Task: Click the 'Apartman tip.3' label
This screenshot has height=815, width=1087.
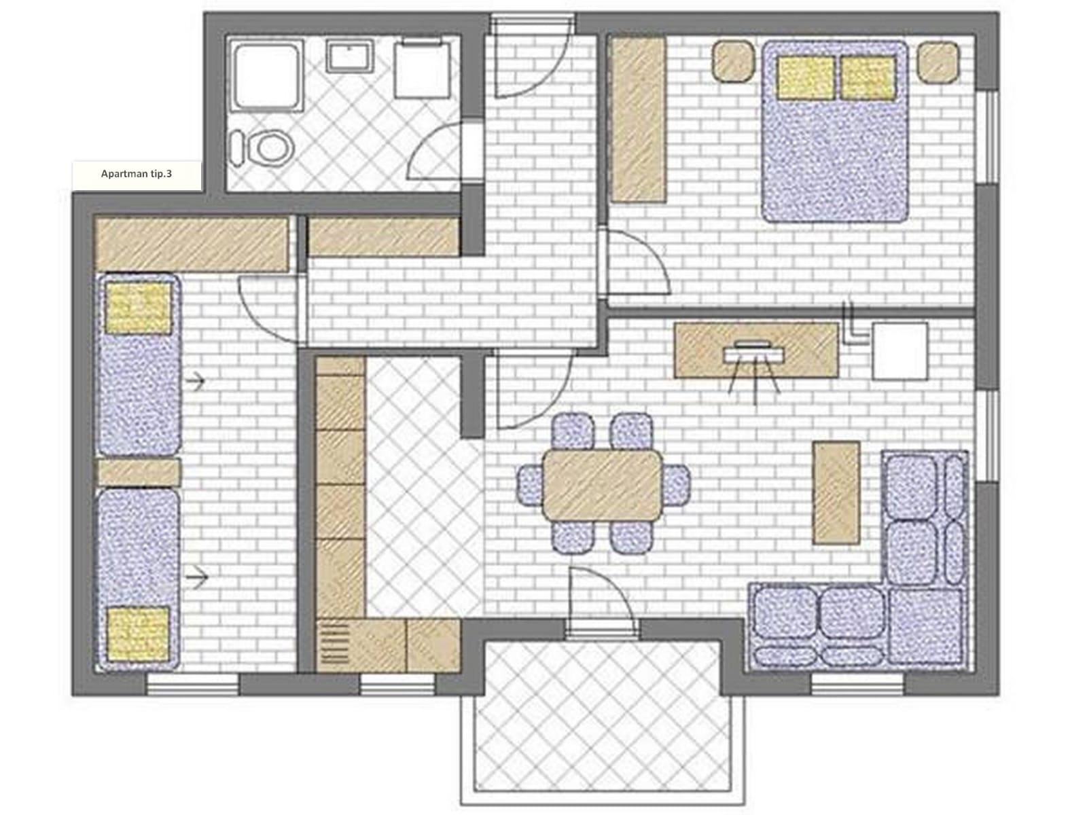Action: pyautogui.click(x=136, y=174)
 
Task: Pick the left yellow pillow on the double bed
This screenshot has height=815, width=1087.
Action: pyautogui.click(x=805, y=77)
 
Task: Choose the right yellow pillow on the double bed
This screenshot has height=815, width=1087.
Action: pyautogui.click(x=868, y=77)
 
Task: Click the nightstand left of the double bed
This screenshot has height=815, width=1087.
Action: pyautogui.click(x=733, y=61)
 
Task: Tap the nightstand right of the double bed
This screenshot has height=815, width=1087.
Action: pyautogui.click(x=938, y=61)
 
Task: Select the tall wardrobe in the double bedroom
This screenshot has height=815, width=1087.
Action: pyautogui.click(x=639, y=120)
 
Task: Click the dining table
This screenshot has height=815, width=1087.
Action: pyautogui.click(x=603, y=484)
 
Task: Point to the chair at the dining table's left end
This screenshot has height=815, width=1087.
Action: pyautogui.click(x=531, y=485)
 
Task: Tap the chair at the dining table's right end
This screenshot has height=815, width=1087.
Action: pyautogui.click(x=676, y=485)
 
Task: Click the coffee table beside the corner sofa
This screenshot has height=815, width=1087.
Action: pyautogui.click(x=836, y=493)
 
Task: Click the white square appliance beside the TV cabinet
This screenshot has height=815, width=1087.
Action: pyautogui.click(x=899, y=351)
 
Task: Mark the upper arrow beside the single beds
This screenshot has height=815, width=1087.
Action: pyautogui.click(x=195, y=381)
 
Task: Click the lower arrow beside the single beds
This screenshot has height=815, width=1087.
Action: pyautogui.click(x=196, y=577)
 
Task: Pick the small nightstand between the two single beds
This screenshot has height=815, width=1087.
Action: pyautogui.click(x=138, y=472)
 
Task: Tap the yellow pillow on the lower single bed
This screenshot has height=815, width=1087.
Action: pyautogui.click(x=138, y=634)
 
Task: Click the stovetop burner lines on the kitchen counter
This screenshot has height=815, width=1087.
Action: pyautogui.click(x=335, y=642)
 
